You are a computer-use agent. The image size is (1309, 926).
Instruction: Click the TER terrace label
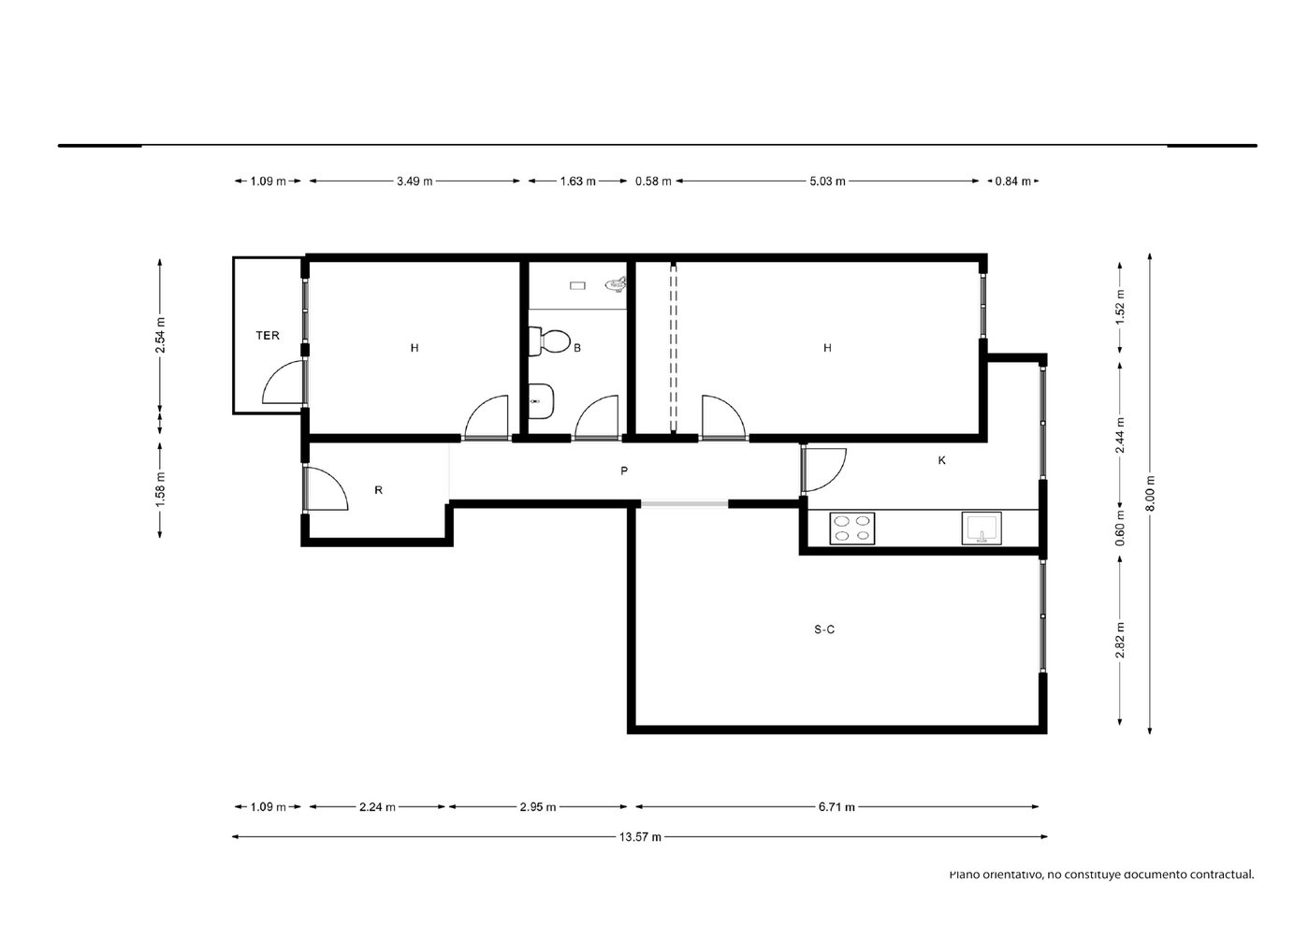pos(268,336)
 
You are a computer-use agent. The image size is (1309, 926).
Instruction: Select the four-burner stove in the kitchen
pos(852,528)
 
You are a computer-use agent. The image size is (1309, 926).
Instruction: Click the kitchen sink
pos(982,528)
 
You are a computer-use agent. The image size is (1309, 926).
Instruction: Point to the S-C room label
pos(824,629)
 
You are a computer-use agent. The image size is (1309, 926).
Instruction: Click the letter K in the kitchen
pos(941,460)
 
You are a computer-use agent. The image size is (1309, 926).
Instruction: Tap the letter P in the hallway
pos(624,470)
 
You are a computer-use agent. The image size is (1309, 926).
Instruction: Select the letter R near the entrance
pos(378,490)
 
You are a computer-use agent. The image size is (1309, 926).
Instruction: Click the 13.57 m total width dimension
pos(640,836)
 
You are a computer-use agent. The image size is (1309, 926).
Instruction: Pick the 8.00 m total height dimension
pos(1150,494)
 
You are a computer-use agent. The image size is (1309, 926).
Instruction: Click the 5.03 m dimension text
pos(827,181)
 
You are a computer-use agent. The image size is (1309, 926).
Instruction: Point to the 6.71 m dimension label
pos(836,807)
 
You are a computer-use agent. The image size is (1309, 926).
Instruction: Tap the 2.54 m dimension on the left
pos(160,335)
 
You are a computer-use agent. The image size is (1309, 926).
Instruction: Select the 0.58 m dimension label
pos(653,181)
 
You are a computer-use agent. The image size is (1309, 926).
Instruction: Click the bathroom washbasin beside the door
pos(541,401)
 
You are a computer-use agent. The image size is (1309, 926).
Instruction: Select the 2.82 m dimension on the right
pos(1120,640)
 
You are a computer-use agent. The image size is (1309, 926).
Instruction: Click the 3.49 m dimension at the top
pos(415,181)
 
